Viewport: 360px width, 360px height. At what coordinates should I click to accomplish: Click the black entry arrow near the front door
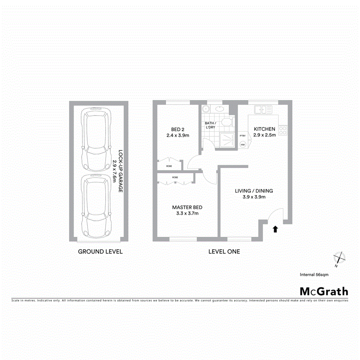click(x=275, y=229)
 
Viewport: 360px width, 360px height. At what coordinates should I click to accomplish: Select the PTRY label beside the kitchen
click(x=242, y=136)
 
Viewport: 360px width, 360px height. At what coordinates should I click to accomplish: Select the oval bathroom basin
click(x=219, y=109)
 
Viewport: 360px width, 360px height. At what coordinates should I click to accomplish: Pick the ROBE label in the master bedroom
click(x=175, y=177)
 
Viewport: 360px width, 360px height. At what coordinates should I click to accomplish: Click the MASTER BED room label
click(x=187, y=207)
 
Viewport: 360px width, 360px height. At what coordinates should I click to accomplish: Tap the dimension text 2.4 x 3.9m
click(x=178, y=136)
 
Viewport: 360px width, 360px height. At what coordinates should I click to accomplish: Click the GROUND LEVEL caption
click(x=100, y=252)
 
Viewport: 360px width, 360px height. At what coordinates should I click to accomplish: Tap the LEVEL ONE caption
click(x=224, y=252)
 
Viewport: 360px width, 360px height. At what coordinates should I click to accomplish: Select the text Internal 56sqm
click(x=314, y=274)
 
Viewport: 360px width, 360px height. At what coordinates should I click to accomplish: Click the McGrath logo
click(x=324, y=291)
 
